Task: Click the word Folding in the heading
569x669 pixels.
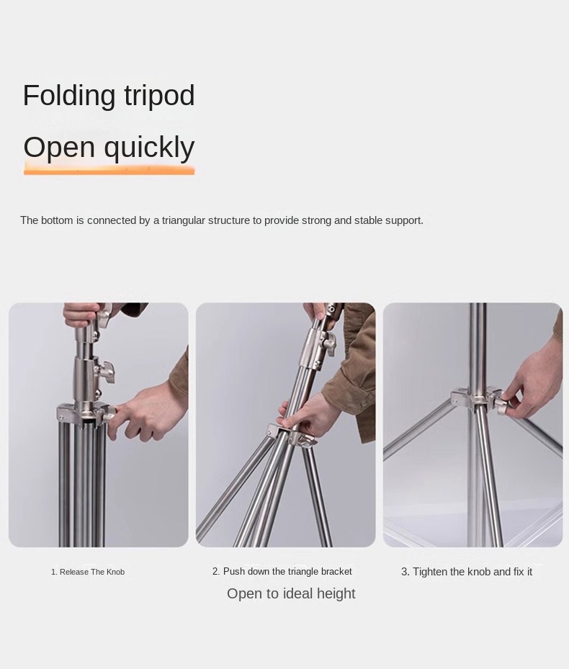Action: tap(69, 96)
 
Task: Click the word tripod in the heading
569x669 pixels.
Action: tap(159, 96)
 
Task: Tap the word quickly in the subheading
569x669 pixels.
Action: tap(149, 148)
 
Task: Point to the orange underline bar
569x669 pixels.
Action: tap(109, 171)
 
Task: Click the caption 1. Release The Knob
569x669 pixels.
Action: tap(88, 572)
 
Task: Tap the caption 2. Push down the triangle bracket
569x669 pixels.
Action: tap(282, 572)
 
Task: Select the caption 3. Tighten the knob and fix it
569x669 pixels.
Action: tap(467, 572)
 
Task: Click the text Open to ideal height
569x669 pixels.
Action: tap(291, 593)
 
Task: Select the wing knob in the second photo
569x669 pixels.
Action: tap(329, 342)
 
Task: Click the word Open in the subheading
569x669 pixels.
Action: tap(59, 148)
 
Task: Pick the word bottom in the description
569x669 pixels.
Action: tap(57, 220)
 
